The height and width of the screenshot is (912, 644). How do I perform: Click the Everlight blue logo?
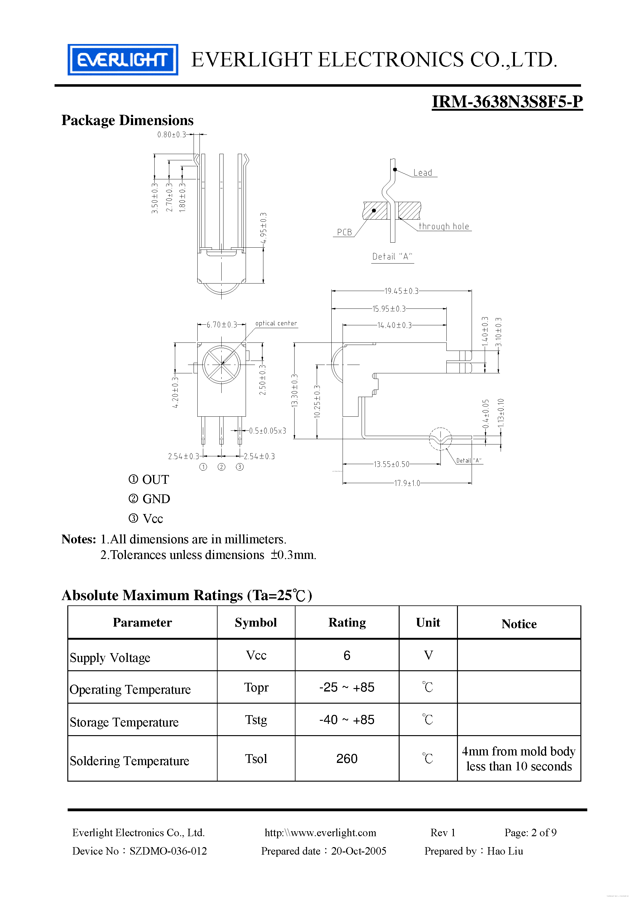tap(123, 60)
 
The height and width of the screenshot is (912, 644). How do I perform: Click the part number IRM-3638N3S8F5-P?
tap(507, 102)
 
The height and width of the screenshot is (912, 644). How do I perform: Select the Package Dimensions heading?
tap(127, 120)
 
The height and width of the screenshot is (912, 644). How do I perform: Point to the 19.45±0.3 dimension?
tap(401, 291)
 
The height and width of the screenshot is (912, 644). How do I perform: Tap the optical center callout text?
tap(276, 323)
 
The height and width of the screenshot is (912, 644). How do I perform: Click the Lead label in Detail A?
tap(422, 173)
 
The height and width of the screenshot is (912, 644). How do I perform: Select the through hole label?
tap(444, 226)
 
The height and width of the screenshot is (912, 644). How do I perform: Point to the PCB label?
tap(344, 232)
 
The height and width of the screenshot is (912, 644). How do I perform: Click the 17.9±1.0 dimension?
tap(407, 483)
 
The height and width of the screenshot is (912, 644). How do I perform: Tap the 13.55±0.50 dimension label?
tap(391, 464)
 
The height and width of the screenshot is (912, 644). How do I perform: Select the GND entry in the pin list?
tap(156, 499)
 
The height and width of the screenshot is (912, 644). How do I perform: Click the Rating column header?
tap(347, 623)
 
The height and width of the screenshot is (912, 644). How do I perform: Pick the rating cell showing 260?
tap(347, 759)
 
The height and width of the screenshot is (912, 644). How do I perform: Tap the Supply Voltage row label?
tap(110, 658)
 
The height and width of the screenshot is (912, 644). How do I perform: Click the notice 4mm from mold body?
tap(518, 751)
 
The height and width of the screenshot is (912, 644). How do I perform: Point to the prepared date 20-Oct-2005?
tap(358, 851)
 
